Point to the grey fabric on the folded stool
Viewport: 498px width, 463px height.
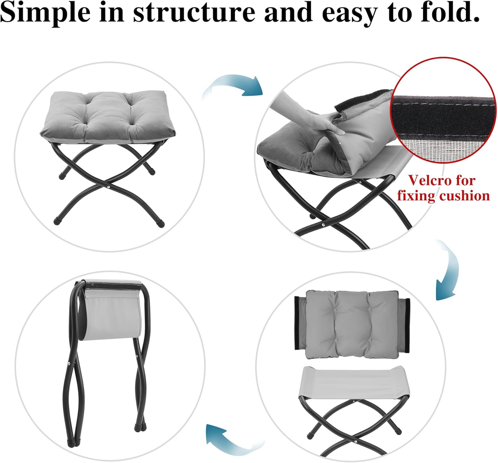coord(113,315)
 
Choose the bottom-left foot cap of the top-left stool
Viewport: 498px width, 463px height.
coord(56,220)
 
